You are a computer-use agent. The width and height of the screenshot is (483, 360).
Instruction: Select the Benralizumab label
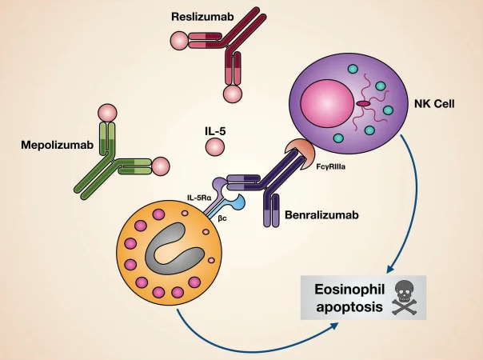(x=319, y=216)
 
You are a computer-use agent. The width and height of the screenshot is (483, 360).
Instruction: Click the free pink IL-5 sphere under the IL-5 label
(x=215, y=147)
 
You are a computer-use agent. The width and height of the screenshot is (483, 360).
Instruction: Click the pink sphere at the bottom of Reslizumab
(x=233, y=94)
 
